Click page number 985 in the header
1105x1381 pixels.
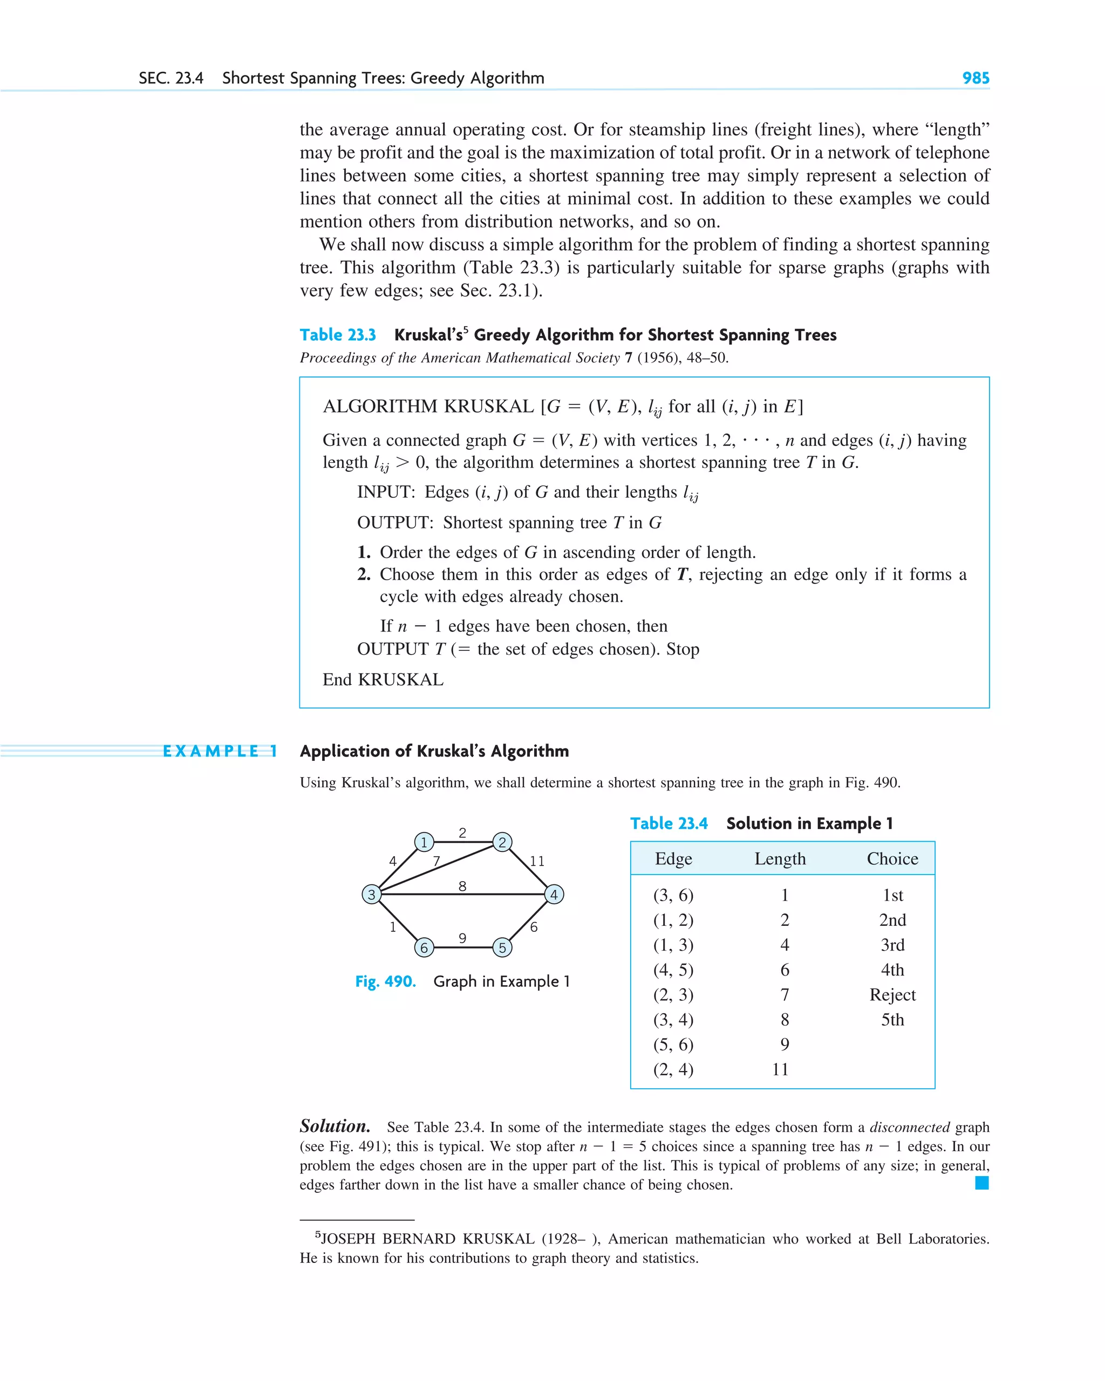click(975, 78)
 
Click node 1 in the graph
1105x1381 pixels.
click(424, 842)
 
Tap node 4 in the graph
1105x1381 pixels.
click(554, 894)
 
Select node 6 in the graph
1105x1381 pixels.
click(424, 947)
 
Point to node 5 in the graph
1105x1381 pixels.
click(502, 947)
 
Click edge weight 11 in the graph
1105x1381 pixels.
click(537, 861)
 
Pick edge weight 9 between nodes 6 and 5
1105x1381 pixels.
click(462, 938)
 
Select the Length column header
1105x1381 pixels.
click(780, 858)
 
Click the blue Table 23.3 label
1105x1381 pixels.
click(338, 335)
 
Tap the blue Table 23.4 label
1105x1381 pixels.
click(669, 823)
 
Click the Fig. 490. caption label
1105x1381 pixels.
click(385, 981)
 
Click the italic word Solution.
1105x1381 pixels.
click(335, 1126)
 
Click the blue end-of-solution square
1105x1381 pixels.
click(981, 1183)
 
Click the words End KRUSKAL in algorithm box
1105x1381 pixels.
click(383, 679)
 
